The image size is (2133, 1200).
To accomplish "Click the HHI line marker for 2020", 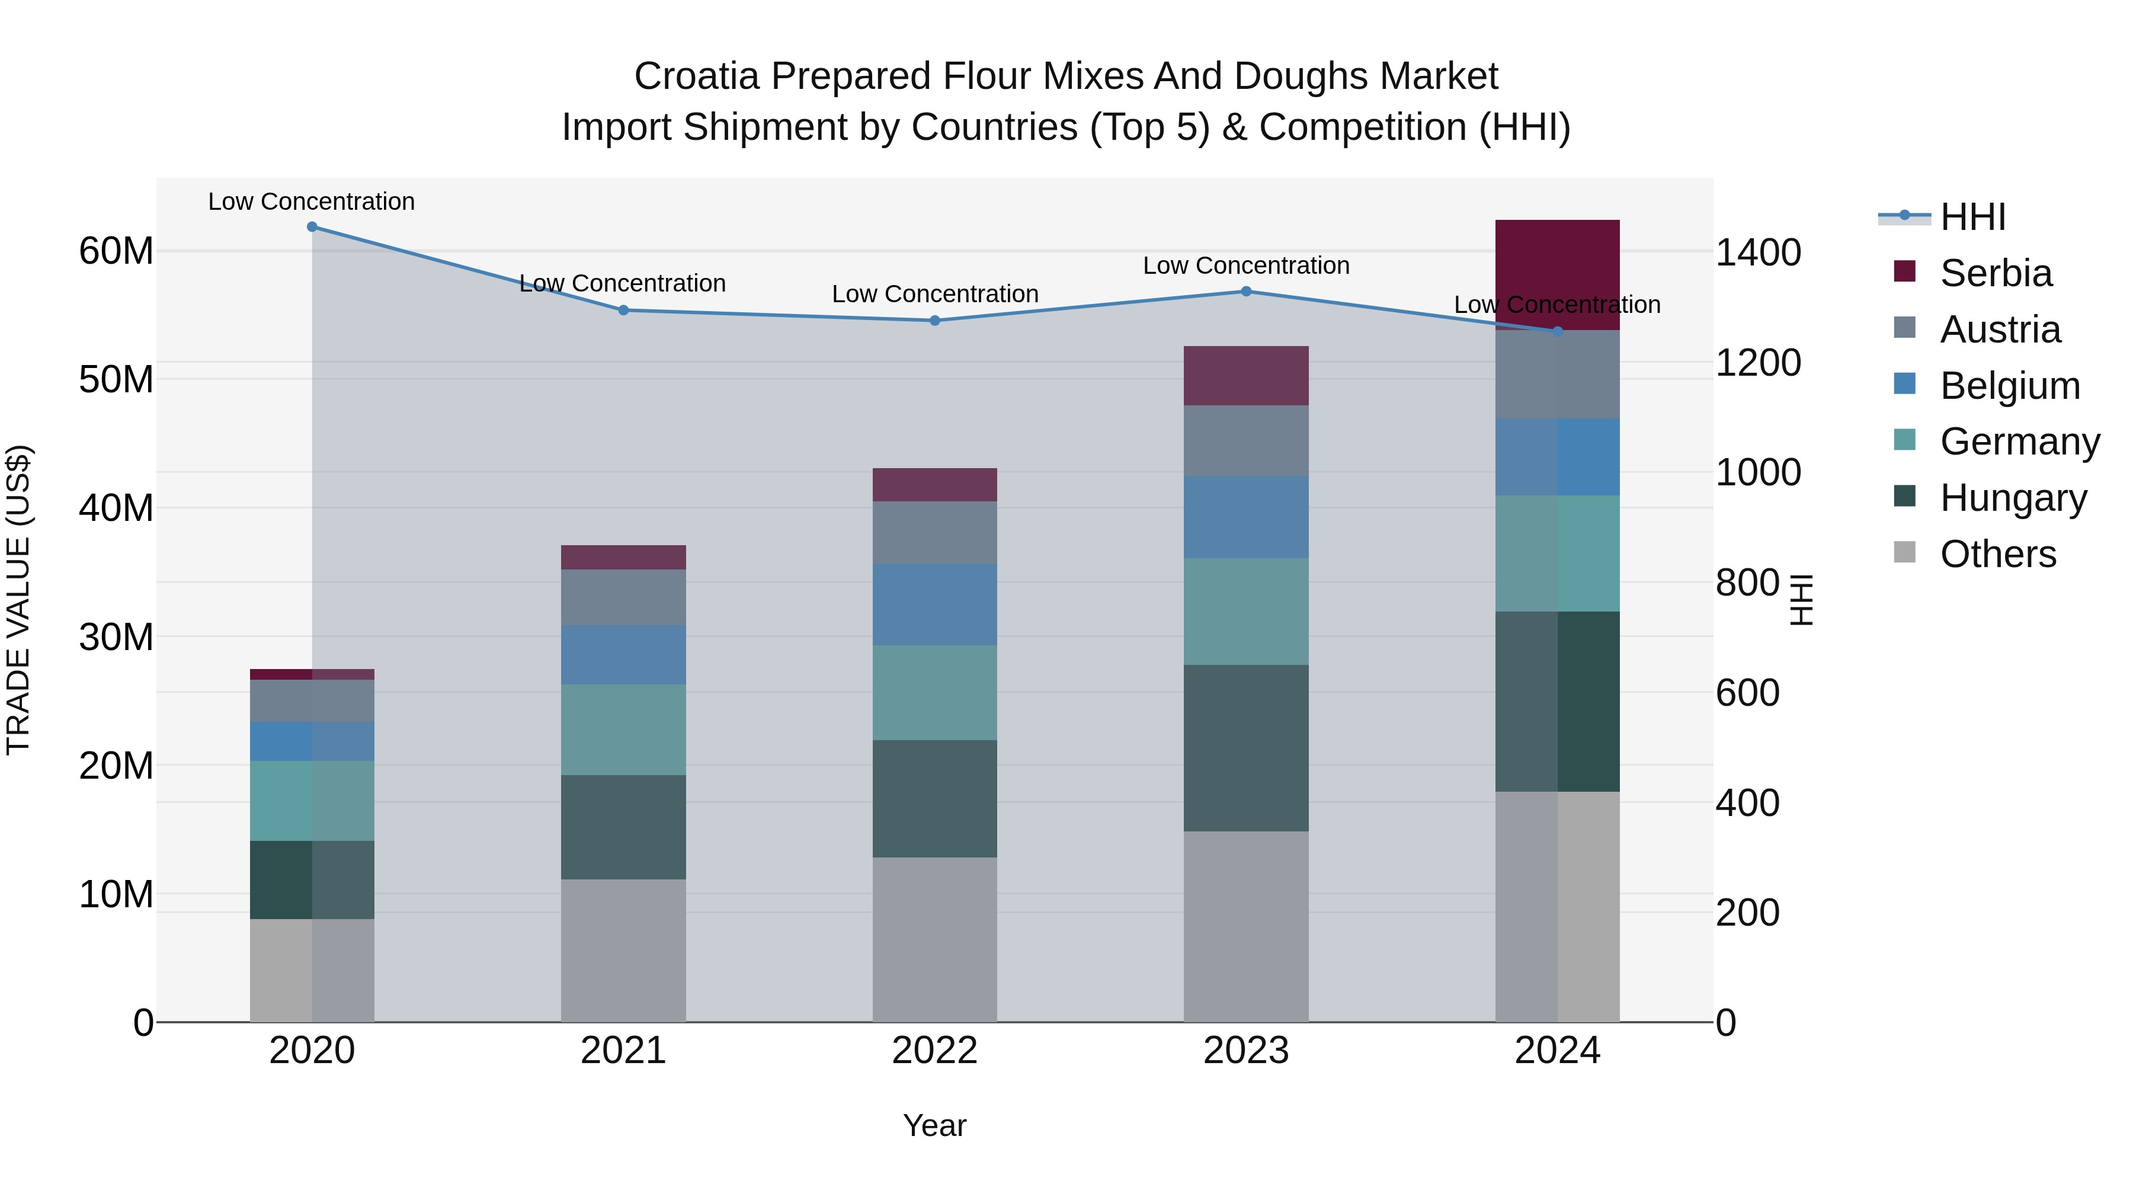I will coord(312,227).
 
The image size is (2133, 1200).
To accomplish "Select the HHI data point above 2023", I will coord(1246,292).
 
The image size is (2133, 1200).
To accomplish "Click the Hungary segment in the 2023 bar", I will coord(1246,748).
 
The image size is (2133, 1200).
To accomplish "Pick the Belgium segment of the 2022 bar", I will coord(935,604).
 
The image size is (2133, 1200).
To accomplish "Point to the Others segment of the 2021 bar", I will coord(623,951).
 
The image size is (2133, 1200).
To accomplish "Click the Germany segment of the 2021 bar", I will coord(623,729).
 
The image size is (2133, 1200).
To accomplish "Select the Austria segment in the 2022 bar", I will coord(935,533).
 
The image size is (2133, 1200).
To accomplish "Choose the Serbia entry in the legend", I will coord(1996,273).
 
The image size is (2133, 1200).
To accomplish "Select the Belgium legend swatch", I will coord(1904,384).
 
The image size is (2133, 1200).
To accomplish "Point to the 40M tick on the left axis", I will coord(116,508).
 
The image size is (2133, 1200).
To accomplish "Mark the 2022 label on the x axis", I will coord(935,1051).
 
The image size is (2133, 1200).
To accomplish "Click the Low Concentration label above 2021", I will coord(623,283).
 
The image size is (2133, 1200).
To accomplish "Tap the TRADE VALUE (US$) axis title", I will coord(18,600).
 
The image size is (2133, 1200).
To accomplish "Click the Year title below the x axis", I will coord(935,1125).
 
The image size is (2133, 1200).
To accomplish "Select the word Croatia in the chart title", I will coord(696,76).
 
